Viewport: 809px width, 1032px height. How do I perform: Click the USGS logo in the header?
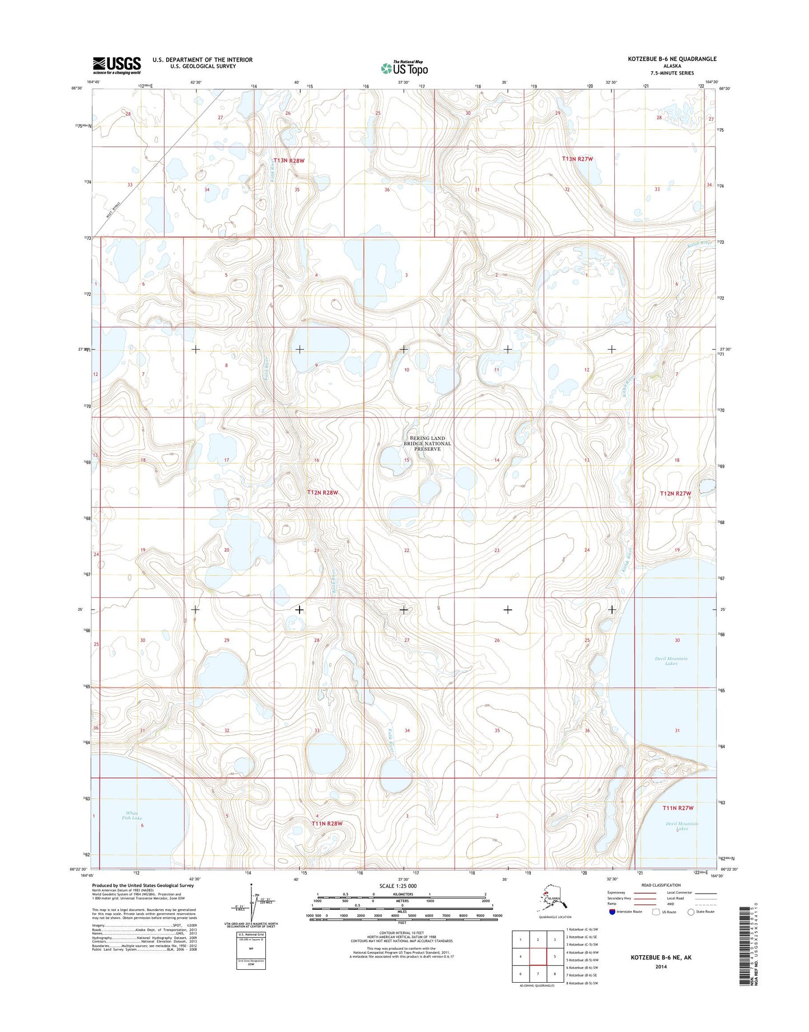pyautogui.click(x=116, y=66)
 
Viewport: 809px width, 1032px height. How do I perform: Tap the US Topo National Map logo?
pyautogui.click(x=404, y=68)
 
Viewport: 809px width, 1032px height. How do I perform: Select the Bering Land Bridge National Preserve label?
pyautogui.click(x=427, y=443)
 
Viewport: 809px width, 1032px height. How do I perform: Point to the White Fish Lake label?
pyautogui.click(x=133, y=815)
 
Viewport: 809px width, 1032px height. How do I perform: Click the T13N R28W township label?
pyautogui.click(x=289, y=161)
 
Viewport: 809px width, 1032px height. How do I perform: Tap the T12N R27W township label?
pyautogui.click(x=675, y=494)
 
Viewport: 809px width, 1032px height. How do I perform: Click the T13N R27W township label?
pyautogui.click(x=577, y=159)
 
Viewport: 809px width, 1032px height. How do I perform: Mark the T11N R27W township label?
pyautogui.click(x=677, y=808)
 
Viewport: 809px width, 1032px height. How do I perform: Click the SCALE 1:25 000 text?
pyautogui.click(x=402, y=886)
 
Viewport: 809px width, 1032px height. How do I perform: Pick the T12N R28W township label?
pyautogui.click(x=322, y=492)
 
